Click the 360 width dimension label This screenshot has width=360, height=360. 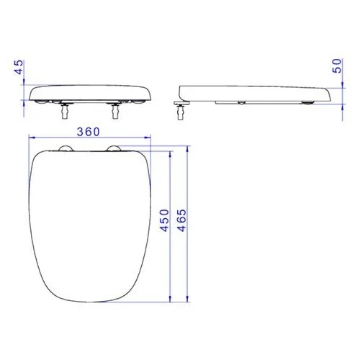tap(88, 132)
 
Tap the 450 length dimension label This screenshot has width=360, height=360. tap(165, 220)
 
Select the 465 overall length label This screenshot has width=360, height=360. tap(181, 220)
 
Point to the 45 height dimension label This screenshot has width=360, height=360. tap(19, 67)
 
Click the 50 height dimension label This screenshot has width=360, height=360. tap(337, 66)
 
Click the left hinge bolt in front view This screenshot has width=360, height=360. tap(64, 110)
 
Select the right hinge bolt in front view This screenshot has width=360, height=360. tap(115, 110)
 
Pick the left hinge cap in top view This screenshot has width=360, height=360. tap(66, 148)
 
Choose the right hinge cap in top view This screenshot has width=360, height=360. tap(114, 148)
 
